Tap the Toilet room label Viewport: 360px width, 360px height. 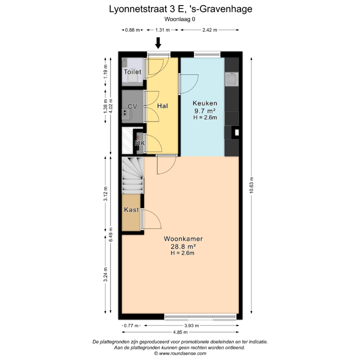(x=132, y=72)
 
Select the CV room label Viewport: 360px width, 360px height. (x=132, y=106)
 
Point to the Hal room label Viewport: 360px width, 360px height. (x=162, y=106)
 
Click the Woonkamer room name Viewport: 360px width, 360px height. (x=179, y=239)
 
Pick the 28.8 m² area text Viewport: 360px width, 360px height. (x=179, y=246)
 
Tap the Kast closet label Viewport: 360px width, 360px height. (x=131, y=210)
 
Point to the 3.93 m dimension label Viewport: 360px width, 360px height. (x=190, y=325)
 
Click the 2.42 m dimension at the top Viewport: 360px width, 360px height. (x=209, y=30)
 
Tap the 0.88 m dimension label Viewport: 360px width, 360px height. (x=130, y=30)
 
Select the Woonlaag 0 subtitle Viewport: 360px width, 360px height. (x=180, y=19)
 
